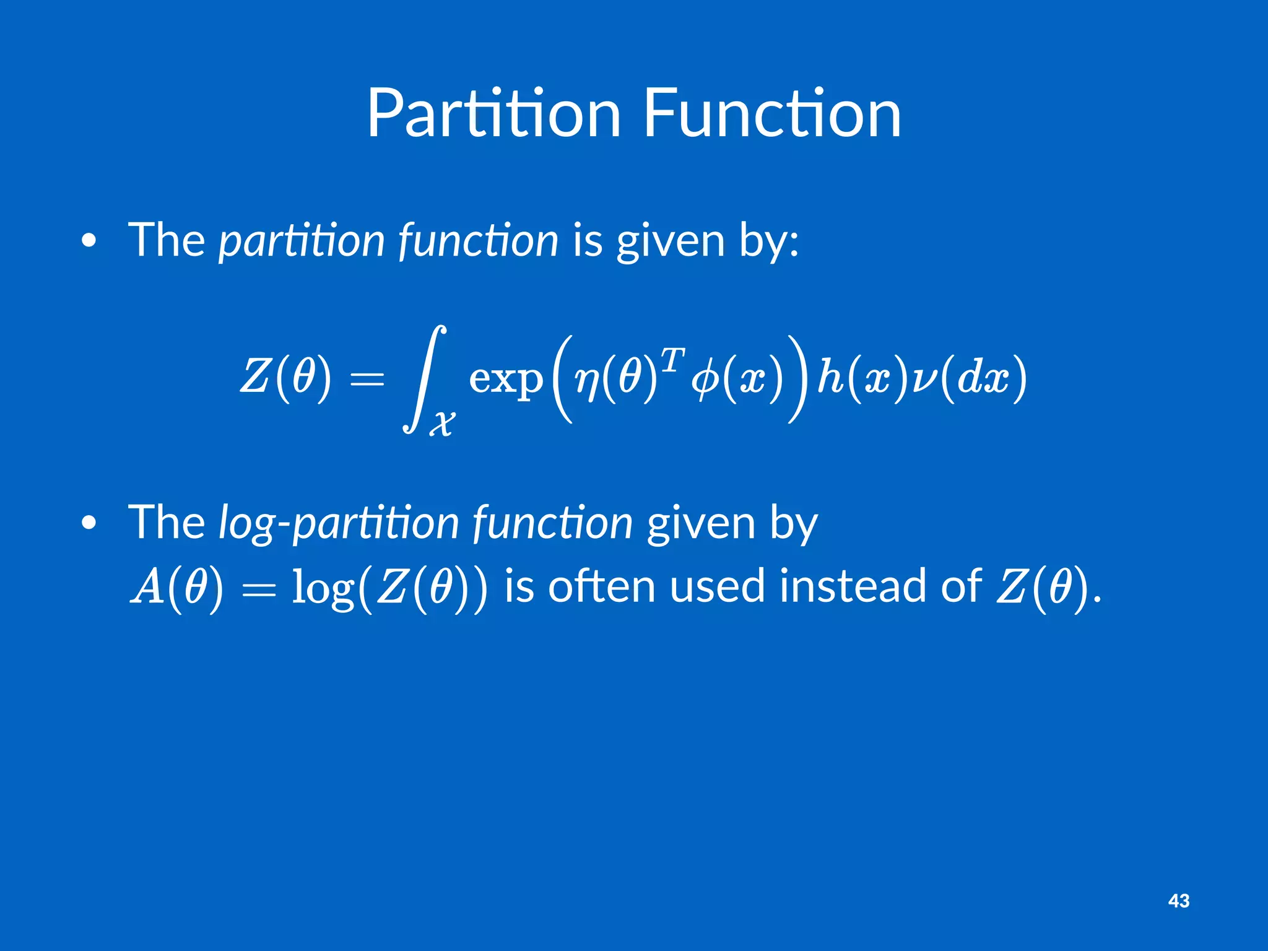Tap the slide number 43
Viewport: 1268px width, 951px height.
(1178, 901)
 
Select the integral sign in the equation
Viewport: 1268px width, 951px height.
(425, 379)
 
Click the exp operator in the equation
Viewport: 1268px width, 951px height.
(505, 378)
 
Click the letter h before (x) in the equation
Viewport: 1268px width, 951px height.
(830, 376)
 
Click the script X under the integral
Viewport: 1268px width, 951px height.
(442, 423)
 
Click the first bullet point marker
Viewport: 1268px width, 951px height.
(89, 241)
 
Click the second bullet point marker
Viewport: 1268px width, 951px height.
(89, 524)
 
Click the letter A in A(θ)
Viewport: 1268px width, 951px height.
(147, 587)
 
